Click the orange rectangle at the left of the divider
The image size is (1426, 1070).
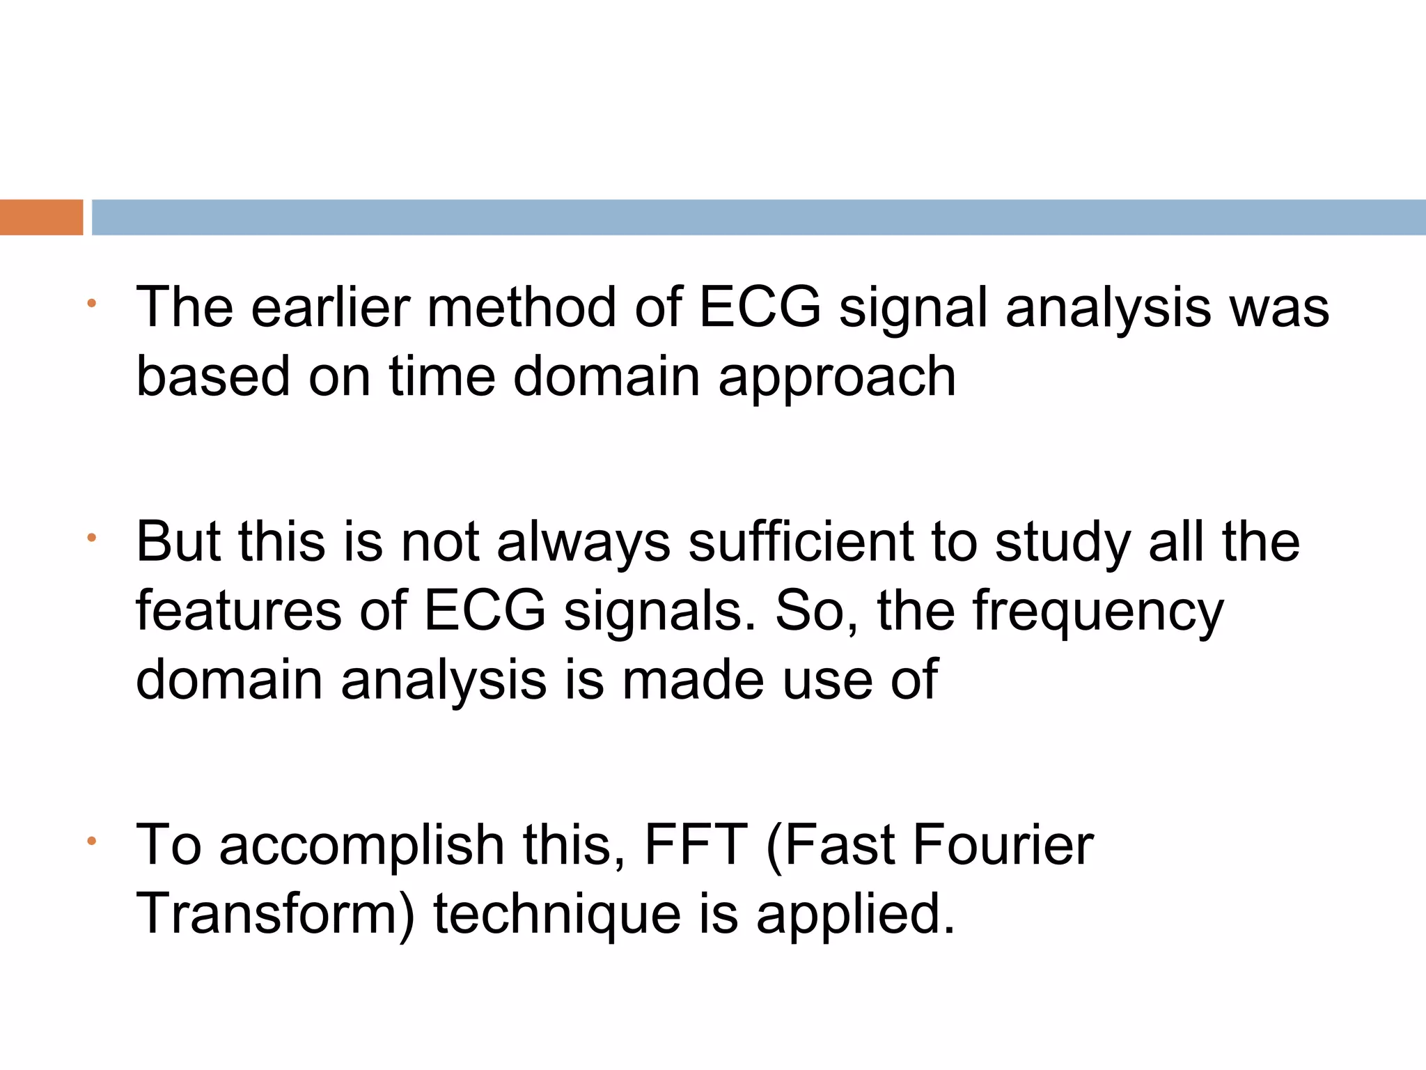41,217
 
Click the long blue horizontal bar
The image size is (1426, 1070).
758,217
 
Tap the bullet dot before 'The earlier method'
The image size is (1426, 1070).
91,303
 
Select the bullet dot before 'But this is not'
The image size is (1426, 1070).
91,538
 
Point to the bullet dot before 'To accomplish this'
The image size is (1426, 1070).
91,841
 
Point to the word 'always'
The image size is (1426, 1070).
583,543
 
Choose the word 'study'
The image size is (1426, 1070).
1063,543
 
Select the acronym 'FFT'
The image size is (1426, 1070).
696,845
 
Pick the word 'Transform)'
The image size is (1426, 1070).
275,913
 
